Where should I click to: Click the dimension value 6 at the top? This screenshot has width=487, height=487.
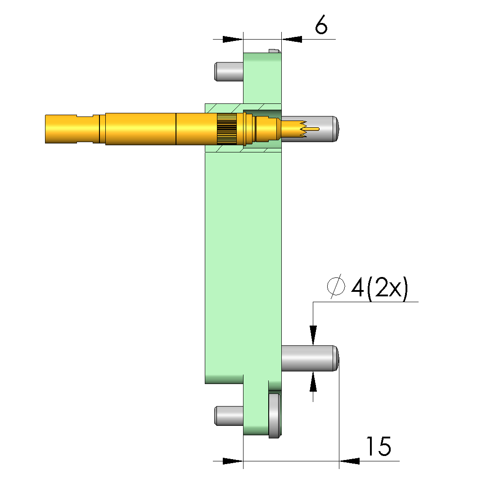[321, 24]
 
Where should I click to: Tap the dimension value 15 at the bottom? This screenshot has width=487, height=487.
[378, 447]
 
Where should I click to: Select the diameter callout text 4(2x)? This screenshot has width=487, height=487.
[379, 288]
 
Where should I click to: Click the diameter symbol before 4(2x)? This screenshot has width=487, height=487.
[336, 286]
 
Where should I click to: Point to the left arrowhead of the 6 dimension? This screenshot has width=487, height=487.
[233, 40]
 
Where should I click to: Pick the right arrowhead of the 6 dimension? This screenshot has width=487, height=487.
[292, 40]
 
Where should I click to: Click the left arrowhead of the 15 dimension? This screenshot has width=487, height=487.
[233, 461]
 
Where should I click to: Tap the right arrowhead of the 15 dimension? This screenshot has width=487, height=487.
[349, 461]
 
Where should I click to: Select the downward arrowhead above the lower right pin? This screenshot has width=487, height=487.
[313, 335]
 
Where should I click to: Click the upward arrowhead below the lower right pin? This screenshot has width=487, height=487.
[313, 381]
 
